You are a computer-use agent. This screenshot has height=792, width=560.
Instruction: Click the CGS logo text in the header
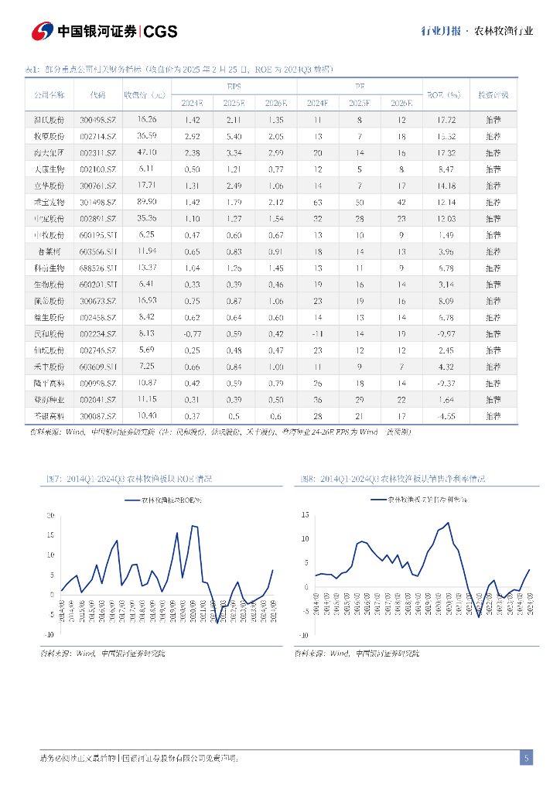tap(161, 31)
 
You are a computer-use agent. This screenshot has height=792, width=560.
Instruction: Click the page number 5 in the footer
tap(526, 758)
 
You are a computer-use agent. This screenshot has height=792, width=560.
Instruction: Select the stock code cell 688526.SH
tap(97, 268)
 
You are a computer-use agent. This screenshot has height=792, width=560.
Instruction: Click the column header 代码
tap(97, 95)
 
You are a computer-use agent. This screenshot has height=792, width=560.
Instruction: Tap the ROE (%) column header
tap(443, 95)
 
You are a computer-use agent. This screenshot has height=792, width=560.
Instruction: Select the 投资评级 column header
tap(493, 95)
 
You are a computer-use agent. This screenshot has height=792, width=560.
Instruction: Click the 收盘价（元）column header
tap(145, 95)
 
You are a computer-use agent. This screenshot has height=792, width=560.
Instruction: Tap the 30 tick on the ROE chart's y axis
tap(50, 515)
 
